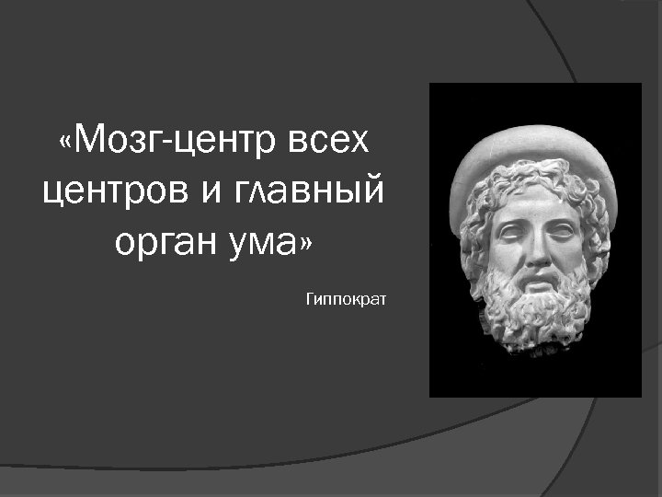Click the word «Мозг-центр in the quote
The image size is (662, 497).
[165, 142]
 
